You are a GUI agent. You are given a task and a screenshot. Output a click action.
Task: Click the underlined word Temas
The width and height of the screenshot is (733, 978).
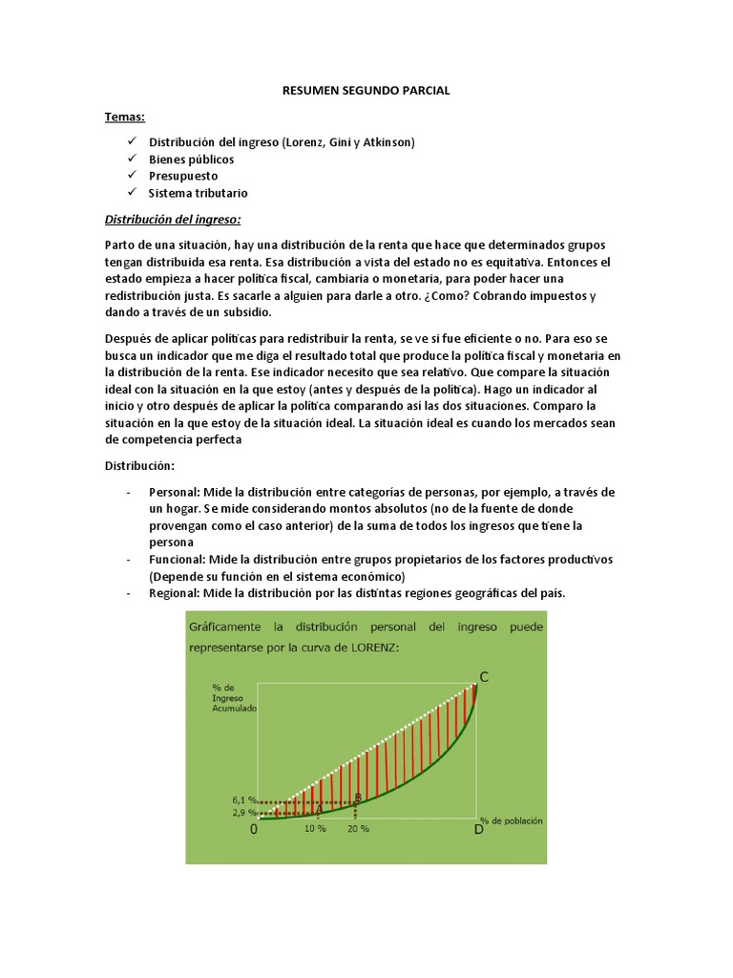coord(124,117)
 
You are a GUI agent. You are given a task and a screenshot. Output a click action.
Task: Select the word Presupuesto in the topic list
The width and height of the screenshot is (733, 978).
coord(182,176)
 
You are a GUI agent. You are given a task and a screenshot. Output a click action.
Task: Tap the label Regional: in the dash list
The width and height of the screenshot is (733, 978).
coord(175,593)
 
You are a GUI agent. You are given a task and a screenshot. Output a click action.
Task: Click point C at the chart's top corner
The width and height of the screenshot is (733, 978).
coord(484,677)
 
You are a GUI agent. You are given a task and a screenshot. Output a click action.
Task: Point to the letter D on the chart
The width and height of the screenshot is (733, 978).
coord(479,830)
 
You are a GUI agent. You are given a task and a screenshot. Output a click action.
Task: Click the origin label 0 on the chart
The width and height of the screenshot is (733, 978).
coord(254,830)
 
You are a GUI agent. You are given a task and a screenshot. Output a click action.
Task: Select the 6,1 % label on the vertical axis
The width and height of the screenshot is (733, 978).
coord(245,799)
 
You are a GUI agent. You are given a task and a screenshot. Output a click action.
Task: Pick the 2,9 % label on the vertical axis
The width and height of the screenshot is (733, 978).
coord(245,813)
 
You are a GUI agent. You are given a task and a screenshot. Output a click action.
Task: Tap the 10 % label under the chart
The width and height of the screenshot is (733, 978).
coord(315,829)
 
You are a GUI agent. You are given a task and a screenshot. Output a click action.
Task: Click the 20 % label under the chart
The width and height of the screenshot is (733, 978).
coord(358,829)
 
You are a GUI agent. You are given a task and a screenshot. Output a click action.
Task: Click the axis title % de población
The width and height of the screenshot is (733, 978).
coord(512,819)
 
